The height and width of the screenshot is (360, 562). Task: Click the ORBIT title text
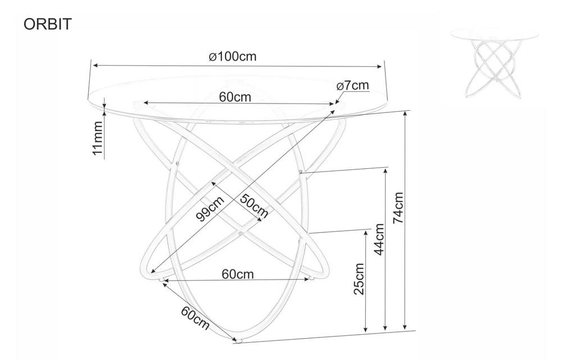pos(48,24)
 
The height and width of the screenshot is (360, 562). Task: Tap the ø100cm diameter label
pos(233,56)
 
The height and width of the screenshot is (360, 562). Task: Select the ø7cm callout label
pos(353,85)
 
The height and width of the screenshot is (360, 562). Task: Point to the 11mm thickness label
pos(97,138)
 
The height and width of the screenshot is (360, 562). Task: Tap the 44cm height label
pos(379,239)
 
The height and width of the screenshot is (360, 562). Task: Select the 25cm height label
pos(359,279)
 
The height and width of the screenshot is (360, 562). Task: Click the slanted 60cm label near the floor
pos(195,317)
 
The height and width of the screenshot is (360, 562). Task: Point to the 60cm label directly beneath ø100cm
pos(235,97)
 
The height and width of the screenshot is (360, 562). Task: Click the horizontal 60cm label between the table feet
pos(238,274)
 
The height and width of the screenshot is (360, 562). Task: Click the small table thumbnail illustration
pos(494,64)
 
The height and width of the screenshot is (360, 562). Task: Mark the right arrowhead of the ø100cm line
pos(380,66)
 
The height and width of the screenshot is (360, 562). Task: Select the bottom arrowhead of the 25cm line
pos(366,328)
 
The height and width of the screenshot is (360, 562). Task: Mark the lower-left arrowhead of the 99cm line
pos(153,272)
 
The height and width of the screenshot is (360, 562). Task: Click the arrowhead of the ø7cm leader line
pos(337,102)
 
